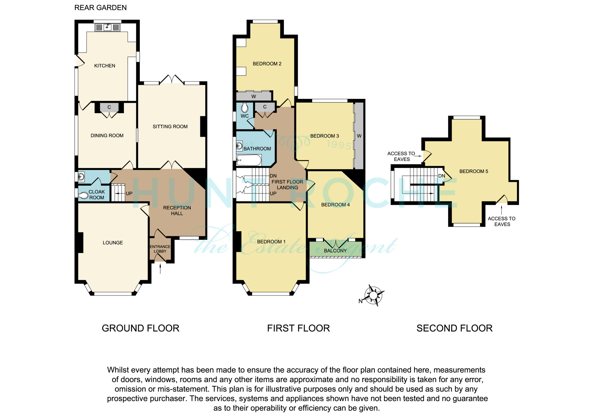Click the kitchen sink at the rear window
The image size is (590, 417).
tap(107, 27)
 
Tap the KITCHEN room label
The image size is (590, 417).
tap(105, 66)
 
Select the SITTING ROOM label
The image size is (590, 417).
tap(170, 127)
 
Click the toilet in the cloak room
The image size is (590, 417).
tap(83, 196)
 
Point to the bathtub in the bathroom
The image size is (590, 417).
tap(248, 160)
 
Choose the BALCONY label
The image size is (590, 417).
tap(335, 250)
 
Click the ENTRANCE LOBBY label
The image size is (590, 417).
tap(160, 249)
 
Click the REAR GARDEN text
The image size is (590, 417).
tap(100, 8)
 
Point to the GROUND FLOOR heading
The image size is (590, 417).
tap(141, 328)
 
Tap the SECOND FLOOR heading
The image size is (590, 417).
tap(454, 328)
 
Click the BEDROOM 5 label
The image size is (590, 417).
tap(474, 171)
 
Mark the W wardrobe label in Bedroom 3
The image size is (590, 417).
tap(359, 136)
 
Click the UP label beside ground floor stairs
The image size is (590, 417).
tap(129, 194)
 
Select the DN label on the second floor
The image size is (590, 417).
tap(442, 176)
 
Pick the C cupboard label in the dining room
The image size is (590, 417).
tap(109, 107)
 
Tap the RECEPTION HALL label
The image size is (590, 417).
tap(177, 210)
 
